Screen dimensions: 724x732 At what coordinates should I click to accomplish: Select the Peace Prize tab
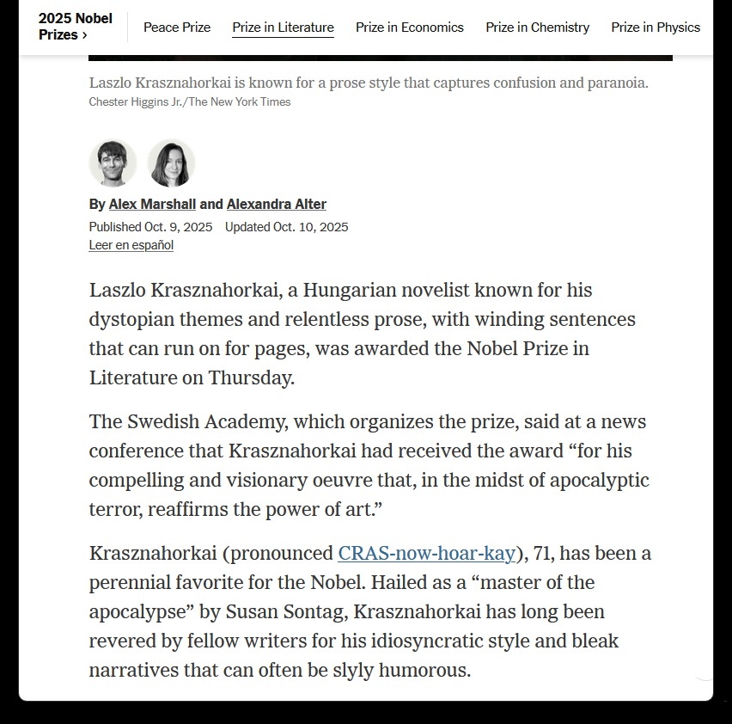[177, 28]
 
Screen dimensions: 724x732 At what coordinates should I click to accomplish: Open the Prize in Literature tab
[283, 28]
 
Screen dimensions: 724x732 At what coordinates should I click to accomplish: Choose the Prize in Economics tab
[410, 28]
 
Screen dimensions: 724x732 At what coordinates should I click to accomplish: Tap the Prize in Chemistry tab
[537, 28]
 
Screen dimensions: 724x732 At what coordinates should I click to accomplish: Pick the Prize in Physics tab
[656, 28]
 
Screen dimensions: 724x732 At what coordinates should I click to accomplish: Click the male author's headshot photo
[113, 163]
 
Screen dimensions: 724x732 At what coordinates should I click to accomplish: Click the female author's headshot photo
[171, 163]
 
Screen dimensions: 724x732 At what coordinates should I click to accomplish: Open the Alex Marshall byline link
[152, 205]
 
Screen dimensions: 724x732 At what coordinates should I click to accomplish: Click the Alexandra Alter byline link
[276, 205]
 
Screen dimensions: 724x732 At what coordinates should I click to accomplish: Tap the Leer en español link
[131, 246]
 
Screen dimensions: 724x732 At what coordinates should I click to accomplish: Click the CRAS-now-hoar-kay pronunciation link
[427, 554]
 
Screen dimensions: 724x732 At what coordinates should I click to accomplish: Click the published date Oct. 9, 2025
[178, 227]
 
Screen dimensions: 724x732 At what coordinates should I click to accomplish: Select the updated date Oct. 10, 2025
[310, 227]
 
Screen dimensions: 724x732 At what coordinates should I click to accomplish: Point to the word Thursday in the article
[252, 377]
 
